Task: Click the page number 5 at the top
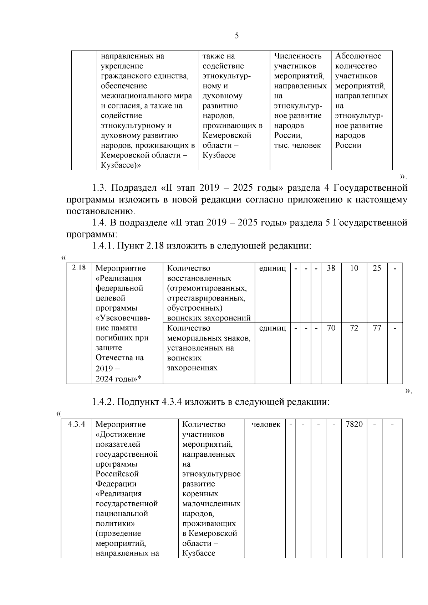[x=237, y=36]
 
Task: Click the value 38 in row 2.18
[x=331, y=268]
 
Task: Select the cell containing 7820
[x=354, y=424]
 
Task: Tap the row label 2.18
[x=79, y=268]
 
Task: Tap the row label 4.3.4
[x=76, y=424]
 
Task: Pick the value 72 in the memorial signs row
[x=354, y=328]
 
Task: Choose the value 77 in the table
[x=377, y=328]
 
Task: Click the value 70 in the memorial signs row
[x=331, y=328]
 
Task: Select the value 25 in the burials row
[x=377, y=268]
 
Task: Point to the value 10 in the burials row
[x=354, y=268]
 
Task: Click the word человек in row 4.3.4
[x=266, y=424]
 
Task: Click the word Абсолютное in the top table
[x=358, y=56]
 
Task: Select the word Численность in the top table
[x=298, y=56]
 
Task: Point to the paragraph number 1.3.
[x=101, y=188]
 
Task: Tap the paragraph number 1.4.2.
[x=103, y=402]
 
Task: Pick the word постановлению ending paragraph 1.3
[x=101, y=211]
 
